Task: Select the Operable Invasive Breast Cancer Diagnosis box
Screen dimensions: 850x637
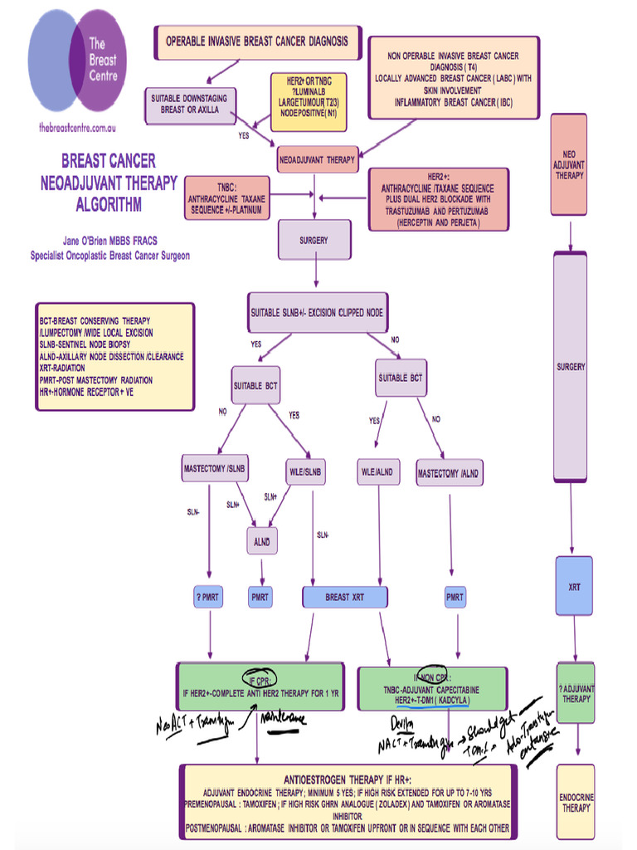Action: click(x=257, y=42)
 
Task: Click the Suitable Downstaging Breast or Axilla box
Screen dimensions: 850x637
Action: click(x=190, y=104)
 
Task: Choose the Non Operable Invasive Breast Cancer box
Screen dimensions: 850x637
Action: click(x=453, y=78)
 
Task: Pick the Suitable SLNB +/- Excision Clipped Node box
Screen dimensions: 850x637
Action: click(x=316, y=313)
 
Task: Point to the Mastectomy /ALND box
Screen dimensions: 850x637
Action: click(x=449, y=473)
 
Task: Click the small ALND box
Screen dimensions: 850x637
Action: click(x=261, y=540)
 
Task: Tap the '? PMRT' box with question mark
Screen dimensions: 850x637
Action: click(x=209, y=597)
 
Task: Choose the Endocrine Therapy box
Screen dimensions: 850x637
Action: click(x=576, y=802)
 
